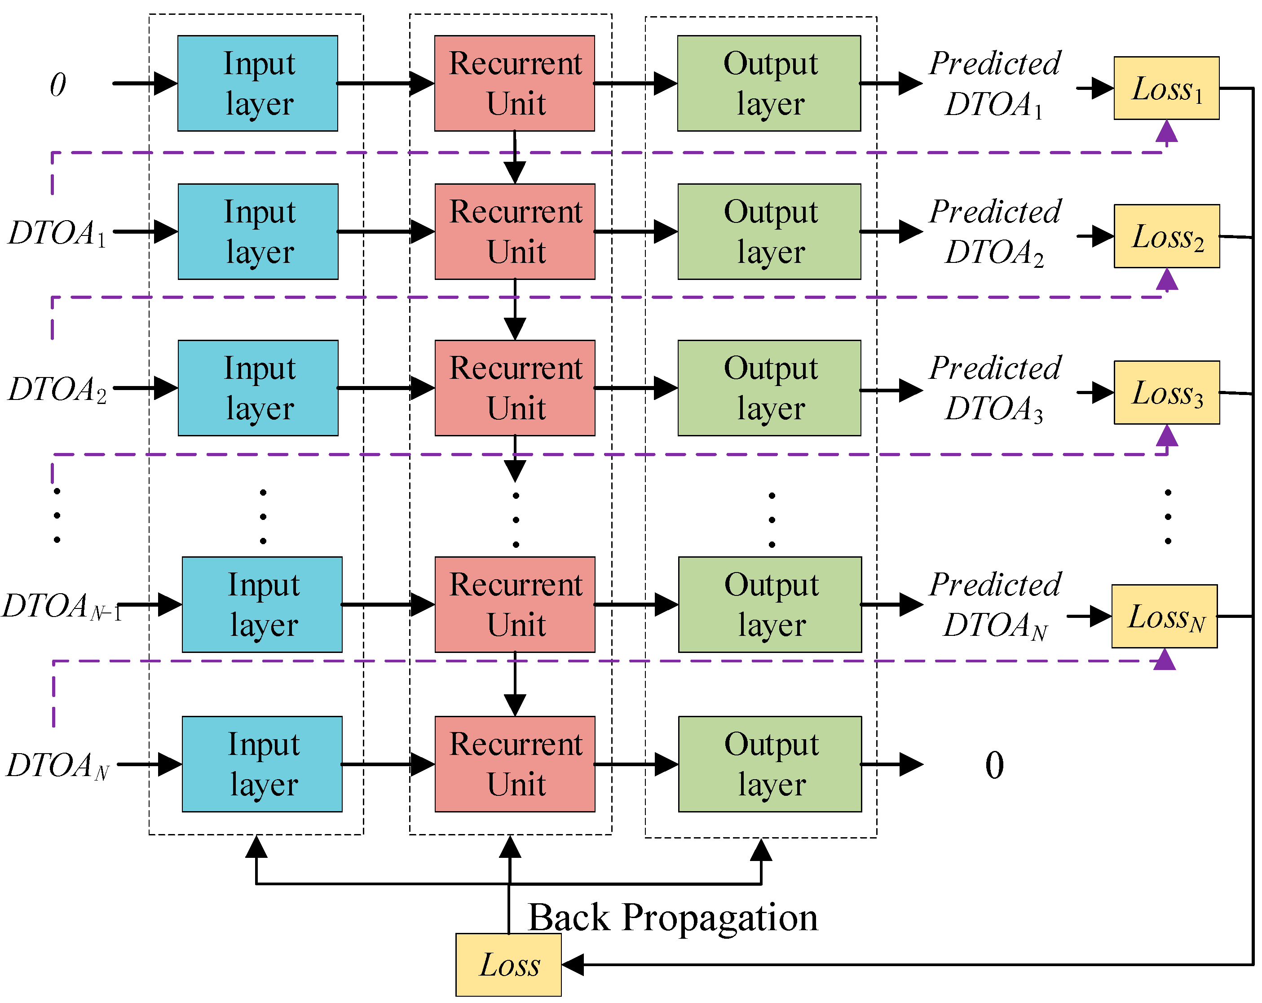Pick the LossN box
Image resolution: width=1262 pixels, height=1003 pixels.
[1164, 616]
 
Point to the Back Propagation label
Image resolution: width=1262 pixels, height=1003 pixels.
[673, 918]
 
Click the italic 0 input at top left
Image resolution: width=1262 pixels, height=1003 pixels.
[57, 85]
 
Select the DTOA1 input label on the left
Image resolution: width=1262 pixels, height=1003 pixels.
[57, 233]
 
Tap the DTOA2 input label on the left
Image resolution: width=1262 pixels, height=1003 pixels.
[57, 389]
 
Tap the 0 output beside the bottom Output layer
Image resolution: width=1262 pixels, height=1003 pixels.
[994, 765]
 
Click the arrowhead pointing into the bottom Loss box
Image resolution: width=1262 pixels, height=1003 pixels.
[573, 964]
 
